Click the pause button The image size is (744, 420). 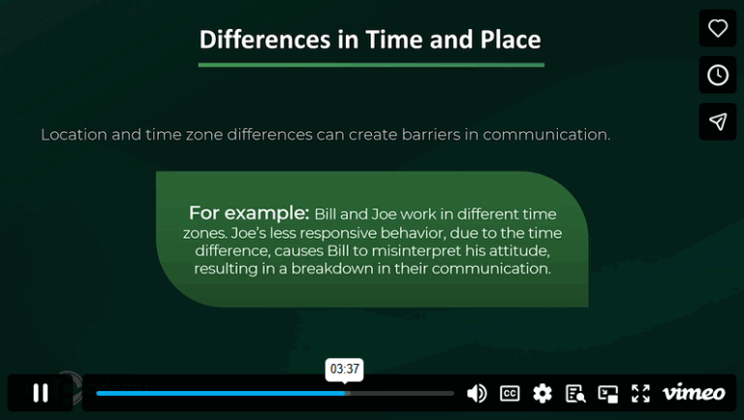(x=41, y=393)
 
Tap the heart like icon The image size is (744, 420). (x=718, y=28)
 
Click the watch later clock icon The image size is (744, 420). (x=718, y=75)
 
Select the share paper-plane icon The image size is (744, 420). (x=718, y=121)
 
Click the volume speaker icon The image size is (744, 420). (x=477, y=393)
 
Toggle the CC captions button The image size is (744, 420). (x=510, y=393)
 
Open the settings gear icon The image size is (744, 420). (x=542, y=393)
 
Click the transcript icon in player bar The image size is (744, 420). (x=575, y=393)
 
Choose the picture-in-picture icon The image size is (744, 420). (x=608, y=393)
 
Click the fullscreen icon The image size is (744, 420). (x=640, y=393)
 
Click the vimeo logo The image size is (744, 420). (x=694, y=393)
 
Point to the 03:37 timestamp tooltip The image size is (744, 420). (x=345, y=369)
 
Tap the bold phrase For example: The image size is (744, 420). (x=248, y=212)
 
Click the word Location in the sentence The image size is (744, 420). (x=74, y=135)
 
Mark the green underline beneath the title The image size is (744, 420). (x=371, y=65)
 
